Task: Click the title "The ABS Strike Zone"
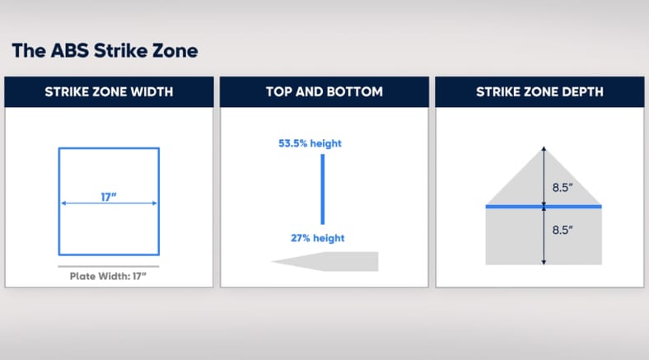[105, 51]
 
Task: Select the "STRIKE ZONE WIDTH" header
[109, 91]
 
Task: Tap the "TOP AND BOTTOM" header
[324, 91]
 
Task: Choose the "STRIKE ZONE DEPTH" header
[539, 91]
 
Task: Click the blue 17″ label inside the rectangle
[109, 197]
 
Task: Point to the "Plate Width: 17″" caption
[108, 276]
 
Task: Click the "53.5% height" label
[310, 143]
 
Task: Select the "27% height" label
[317, 238]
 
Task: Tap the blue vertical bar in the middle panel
[323, 189]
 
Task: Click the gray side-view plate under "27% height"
[331, 261]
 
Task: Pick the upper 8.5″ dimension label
[563, 188]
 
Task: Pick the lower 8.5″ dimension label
[563, 230]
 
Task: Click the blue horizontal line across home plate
[544, 207]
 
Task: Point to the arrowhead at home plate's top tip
[544, 148]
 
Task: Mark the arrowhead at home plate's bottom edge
[544, 262]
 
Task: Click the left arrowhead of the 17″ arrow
[63, 203]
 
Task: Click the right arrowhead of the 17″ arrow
[155, 203]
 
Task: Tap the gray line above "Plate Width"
[109, 266]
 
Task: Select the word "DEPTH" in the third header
[584, 91]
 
